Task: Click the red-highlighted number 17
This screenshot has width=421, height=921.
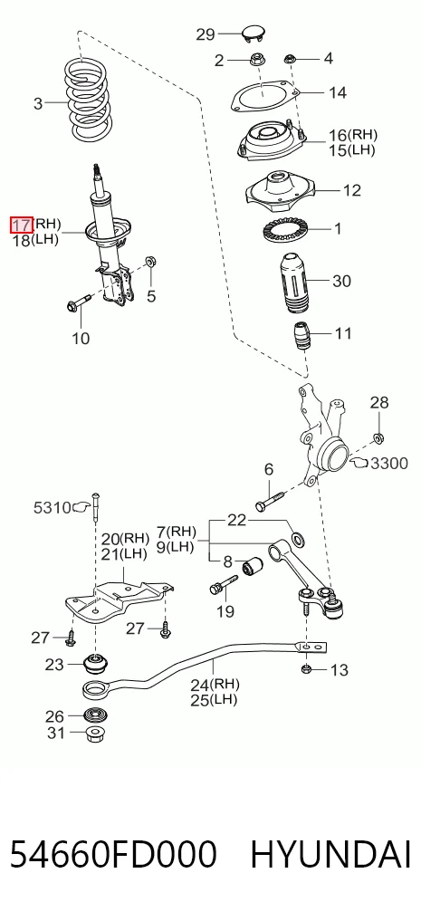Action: (x=21, y=224)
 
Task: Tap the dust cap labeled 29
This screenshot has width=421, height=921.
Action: (x=254, y=34)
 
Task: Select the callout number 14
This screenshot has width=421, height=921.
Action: (x=338, y=92)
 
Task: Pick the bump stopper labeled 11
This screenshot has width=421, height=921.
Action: (x=302, y=336)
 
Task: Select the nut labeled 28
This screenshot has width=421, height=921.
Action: (x=378, y=437)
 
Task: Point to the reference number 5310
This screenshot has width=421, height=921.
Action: (x=52, y=507)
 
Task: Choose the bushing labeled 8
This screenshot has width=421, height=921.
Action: (x=253, y=568)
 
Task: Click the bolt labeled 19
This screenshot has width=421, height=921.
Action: (x=223, y=584)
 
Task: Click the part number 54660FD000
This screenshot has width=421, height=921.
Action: (x=113, y=855)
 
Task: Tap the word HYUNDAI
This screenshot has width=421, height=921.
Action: (x=330, y=855)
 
